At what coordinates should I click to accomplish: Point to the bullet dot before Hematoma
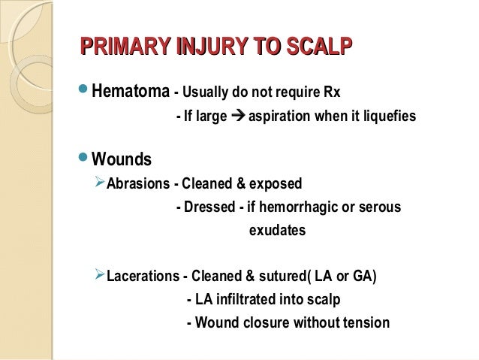click(x=83, y=92)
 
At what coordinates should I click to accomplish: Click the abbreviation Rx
click(x=330, y=95)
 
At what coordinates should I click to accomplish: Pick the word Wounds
click(x=122, y=160)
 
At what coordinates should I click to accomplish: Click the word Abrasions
click(x=136, y=184)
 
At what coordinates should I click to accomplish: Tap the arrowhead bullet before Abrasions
click(x=98, y=183)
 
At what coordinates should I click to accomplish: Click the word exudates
click(x=277, y=231)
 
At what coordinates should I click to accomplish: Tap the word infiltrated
click(x=246, y=300)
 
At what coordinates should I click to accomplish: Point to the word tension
click(x=363, y=324)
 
